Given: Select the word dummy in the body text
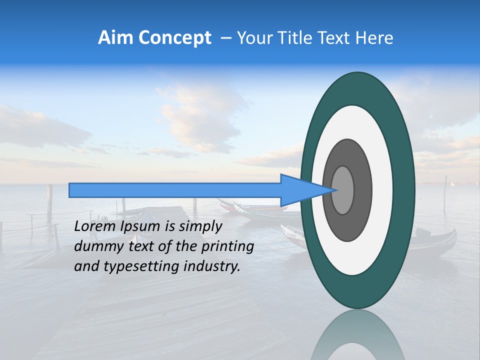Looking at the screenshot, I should click(96, 246).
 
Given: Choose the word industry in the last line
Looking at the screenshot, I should click(211, 266).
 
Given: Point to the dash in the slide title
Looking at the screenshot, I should click(226, 38).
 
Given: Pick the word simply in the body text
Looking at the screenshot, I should click(200, 226).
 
